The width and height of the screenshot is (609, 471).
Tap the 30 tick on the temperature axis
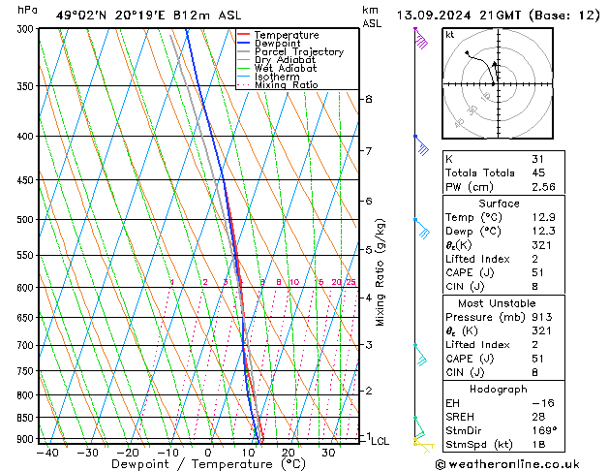click(328, 452)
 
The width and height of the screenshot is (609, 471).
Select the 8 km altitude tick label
click(369, 99)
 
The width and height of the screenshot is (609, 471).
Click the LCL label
click(381, 441)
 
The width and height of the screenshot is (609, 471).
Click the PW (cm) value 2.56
click(543, 187)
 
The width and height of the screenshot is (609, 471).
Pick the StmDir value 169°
click(546, 429)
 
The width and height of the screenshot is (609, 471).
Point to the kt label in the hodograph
click(449, 35)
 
